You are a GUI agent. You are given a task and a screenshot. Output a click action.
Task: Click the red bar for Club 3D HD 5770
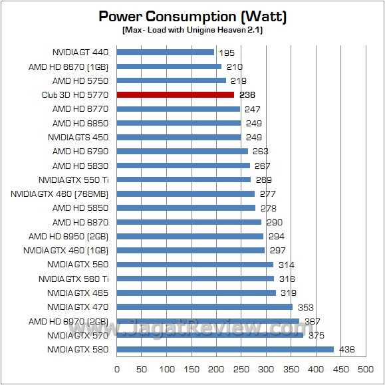(176, 94)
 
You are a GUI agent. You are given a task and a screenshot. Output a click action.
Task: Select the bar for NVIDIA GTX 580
(225, 349)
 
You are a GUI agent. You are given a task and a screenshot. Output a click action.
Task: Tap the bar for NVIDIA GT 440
(166, 52)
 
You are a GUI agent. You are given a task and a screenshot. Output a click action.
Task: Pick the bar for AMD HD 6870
(189, 222)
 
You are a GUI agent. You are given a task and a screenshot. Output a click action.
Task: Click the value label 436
(346, 349)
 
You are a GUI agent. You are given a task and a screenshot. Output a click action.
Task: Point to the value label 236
(247, 94)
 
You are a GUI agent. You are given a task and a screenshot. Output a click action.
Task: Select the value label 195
(226, 52)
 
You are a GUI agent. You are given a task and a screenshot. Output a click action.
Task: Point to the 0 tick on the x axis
(117, 369)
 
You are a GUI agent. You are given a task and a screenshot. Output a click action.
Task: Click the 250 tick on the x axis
(241, 369)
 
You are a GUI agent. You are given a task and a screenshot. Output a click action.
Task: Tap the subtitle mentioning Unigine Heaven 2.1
(192, 31)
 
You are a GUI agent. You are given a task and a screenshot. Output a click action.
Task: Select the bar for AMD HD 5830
(184, 166)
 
